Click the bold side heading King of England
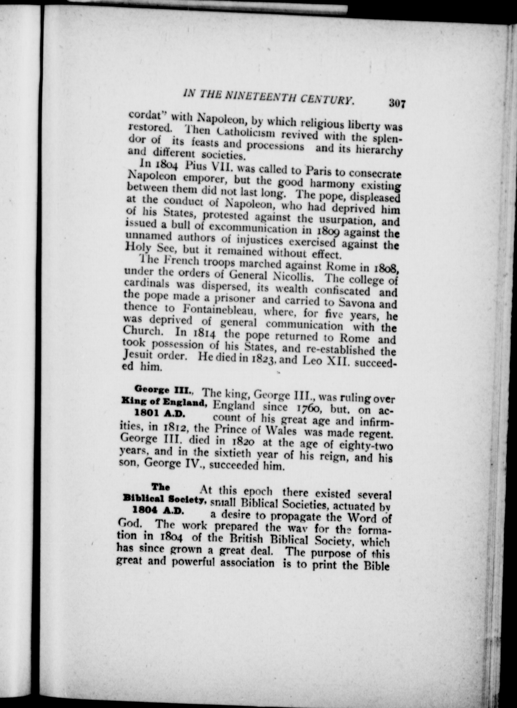pyautogui.click(x=164, y=402)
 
